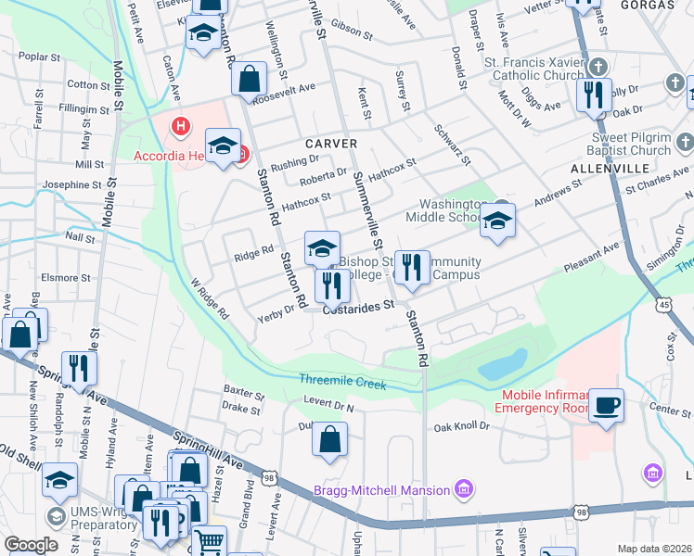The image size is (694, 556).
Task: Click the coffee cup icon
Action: (x=606, y=405)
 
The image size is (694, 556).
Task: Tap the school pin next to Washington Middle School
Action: (x=497, y=221)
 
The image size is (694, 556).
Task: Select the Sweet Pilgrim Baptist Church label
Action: (x=630, y=144)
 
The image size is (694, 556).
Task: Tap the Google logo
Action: (x=31, y=544)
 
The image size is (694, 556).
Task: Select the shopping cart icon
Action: (x=210, y=540)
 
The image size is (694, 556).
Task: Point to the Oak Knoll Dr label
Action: (x=462, y=427)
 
